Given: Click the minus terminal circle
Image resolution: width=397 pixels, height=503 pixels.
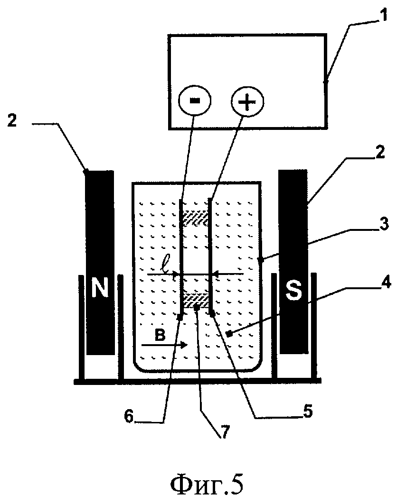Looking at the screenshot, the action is [195, 101].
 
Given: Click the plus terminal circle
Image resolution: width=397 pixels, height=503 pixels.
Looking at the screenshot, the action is [247, 102].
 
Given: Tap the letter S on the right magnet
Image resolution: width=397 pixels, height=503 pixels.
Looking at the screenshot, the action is [293, 290].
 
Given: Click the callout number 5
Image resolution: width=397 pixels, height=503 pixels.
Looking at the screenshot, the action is [308, 411].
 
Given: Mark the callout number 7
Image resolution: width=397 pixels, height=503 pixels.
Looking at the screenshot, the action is [224, 432].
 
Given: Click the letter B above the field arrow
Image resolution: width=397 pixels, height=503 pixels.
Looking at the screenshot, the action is [160, 336].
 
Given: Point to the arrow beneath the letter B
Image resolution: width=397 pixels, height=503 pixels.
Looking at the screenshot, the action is [164, 345].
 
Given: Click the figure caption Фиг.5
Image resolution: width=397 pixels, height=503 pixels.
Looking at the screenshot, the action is [206, 485].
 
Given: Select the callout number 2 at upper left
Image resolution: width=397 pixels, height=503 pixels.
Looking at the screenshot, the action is [12, 120].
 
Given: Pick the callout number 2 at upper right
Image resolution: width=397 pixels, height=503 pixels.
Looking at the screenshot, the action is [379, 153].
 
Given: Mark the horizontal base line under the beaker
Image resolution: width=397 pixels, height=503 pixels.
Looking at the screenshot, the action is [198, 381].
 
